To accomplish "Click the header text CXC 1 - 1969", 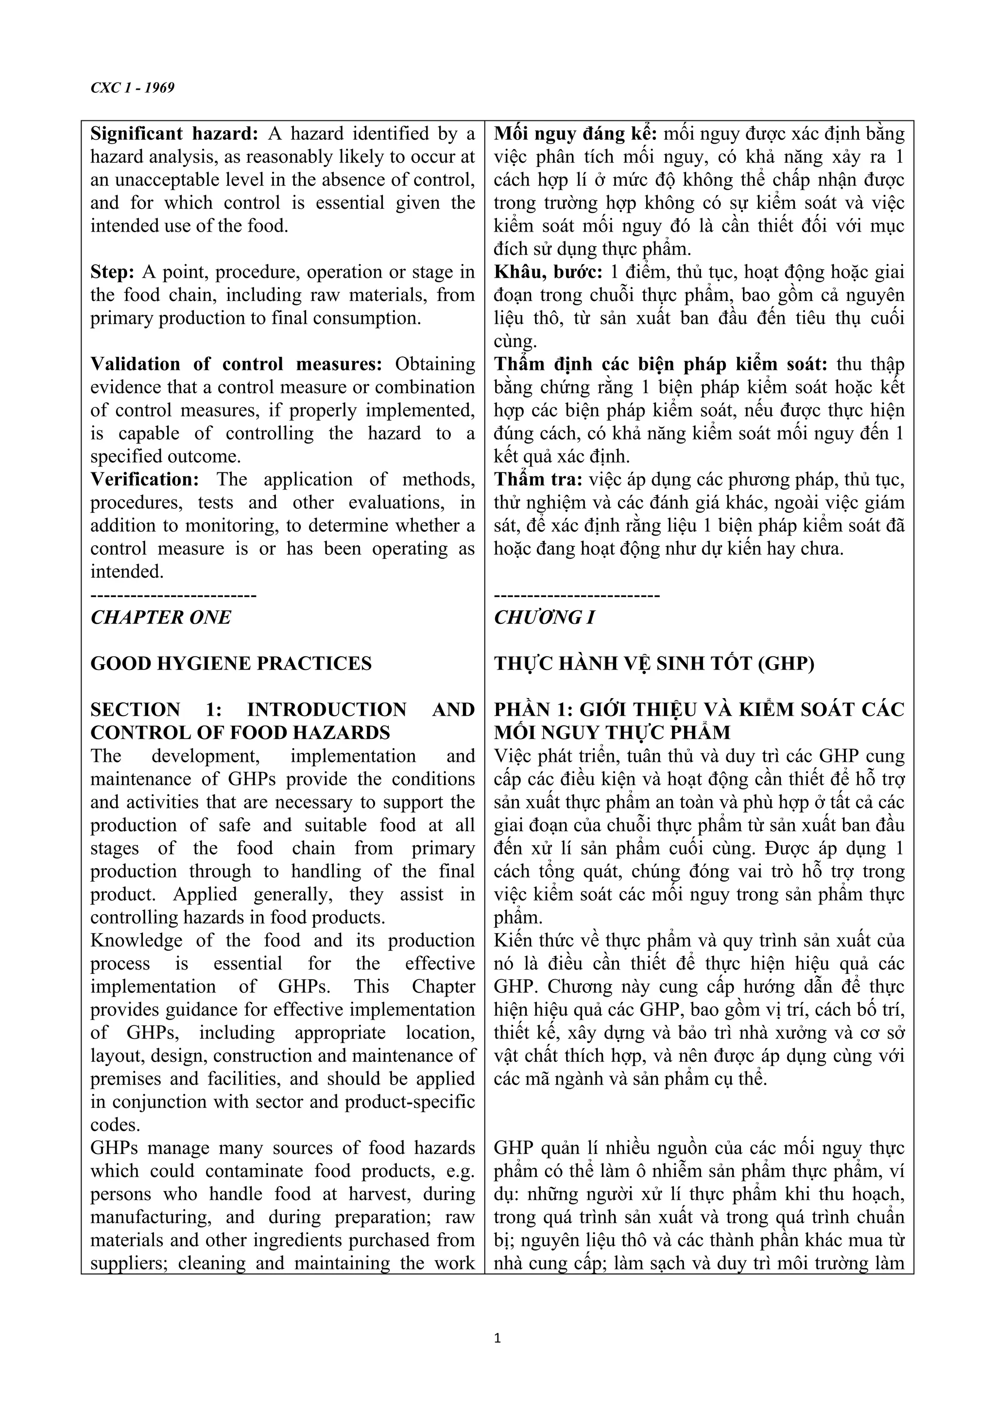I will (132, 87).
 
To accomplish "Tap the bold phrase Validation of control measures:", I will (236, 364).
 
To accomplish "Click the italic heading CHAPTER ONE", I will (160, 617).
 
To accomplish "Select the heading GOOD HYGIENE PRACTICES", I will (231, 663).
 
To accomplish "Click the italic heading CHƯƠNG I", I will (544, 617).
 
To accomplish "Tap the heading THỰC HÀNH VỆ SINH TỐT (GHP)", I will (654, 663).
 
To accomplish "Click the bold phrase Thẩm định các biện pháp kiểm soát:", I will (660, 364).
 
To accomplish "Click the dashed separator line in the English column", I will (173, 595).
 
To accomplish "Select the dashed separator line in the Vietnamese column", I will (577, 595).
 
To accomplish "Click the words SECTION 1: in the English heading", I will (155, 710).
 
